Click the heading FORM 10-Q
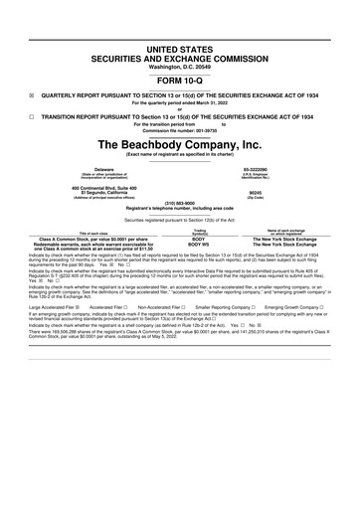coord(180,82)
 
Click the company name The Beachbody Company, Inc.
coord(180,144)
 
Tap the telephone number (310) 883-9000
coord(180,204)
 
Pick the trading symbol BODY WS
coord(199,245)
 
